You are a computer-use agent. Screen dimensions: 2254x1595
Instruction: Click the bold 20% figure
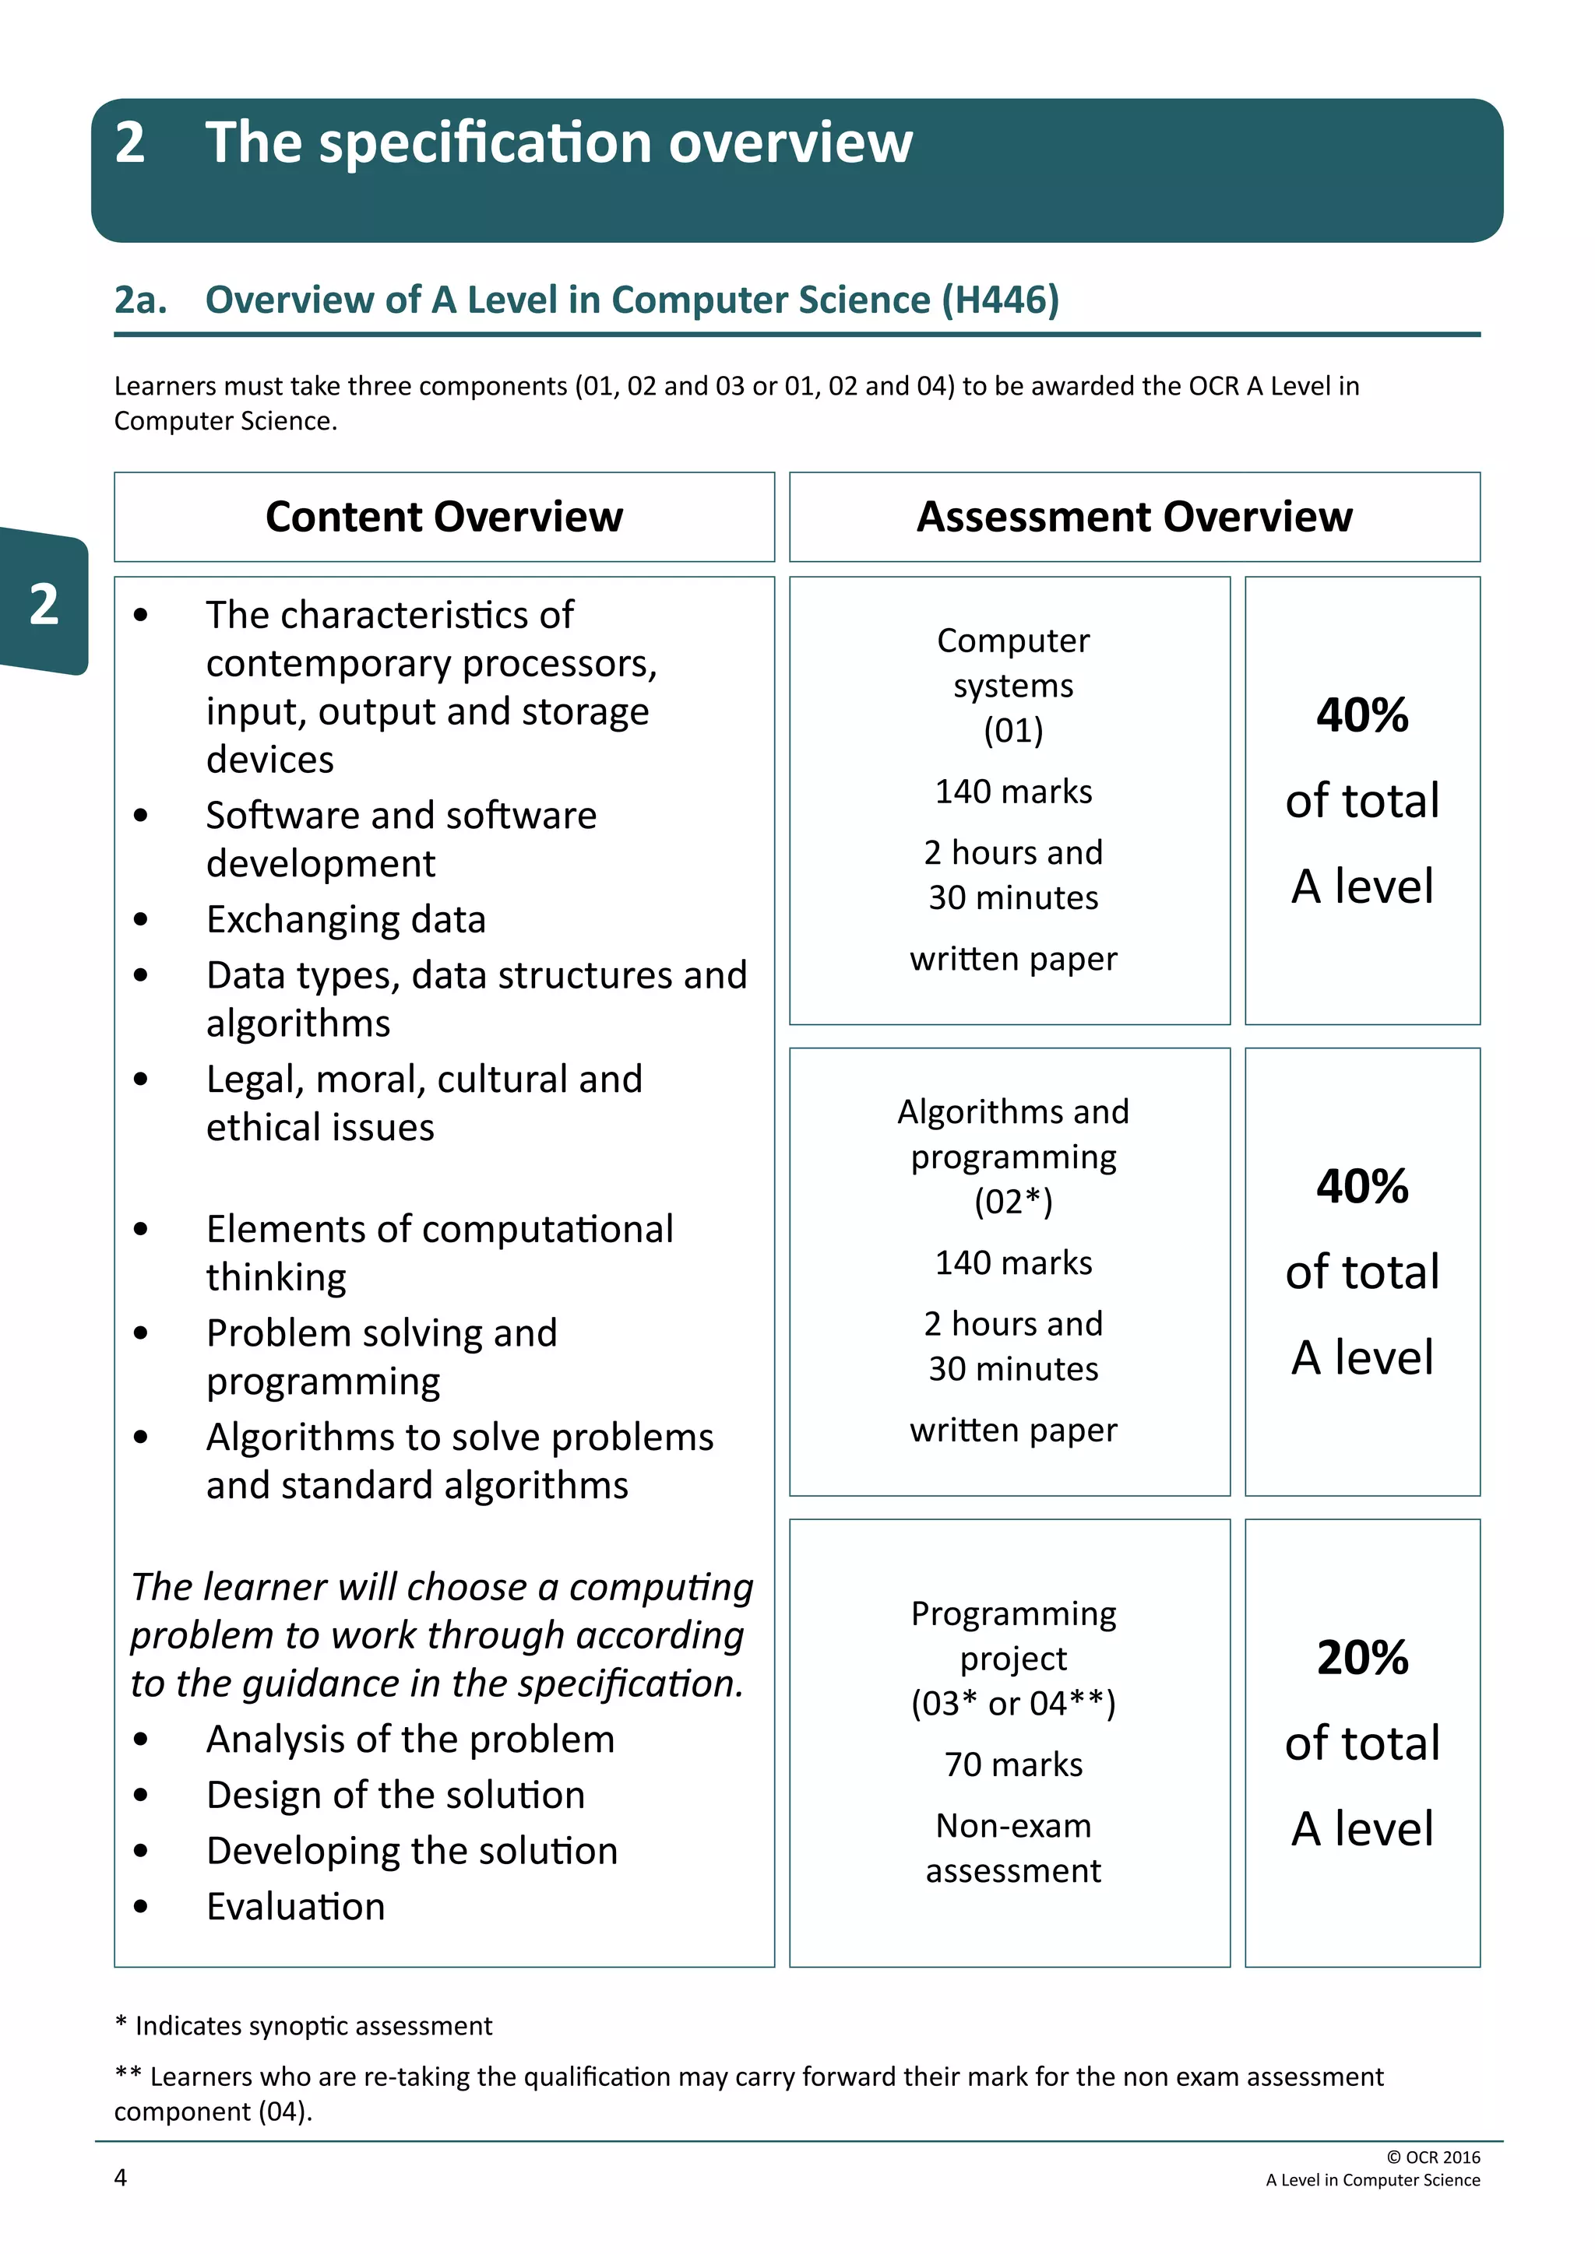point(1361,1658)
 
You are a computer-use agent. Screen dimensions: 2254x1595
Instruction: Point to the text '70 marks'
point(1012,1765)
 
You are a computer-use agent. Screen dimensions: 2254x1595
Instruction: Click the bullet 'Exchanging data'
point(346,920)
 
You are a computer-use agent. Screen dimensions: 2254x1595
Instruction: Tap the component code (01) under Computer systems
point(1012,730)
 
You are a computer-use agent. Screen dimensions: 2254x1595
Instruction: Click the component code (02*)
point(1012,1202)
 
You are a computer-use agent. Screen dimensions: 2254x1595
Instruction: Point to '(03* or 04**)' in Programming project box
point(1012,1703)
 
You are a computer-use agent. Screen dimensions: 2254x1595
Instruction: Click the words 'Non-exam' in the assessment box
point(1012,1826)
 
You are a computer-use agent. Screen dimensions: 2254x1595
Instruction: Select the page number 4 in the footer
point(121,2179)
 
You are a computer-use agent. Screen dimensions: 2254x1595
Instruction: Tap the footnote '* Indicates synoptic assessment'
point(304,2026)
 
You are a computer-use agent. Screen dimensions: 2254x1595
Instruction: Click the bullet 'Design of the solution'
point(395,1796)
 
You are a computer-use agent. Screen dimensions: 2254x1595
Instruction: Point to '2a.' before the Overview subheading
point(140,300)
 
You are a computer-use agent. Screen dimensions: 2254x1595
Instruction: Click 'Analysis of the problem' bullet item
point(410,1740)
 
